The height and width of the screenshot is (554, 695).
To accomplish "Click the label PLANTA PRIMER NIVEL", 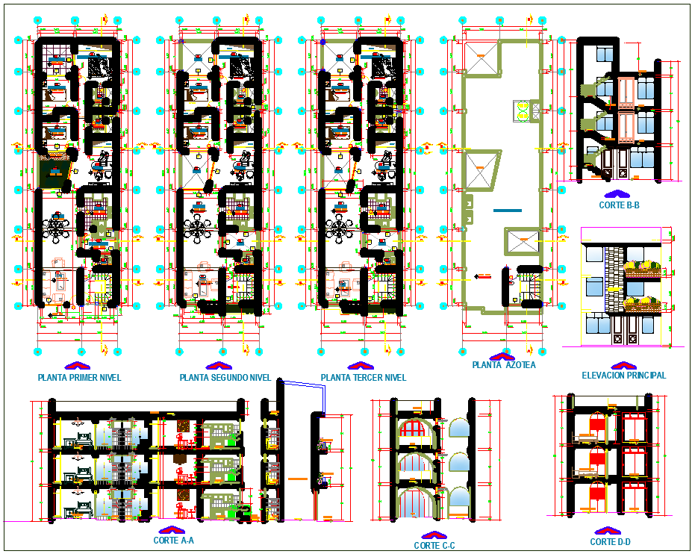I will pos(79,378).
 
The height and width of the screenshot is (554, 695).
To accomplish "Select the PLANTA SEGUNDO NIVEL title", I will pos(225,378).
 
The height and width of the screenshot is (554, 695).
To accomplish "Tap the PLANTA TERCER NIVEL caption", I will pos(364,378).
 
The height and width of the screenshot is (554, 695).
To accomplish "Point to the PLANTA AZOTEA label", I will pos(503,366).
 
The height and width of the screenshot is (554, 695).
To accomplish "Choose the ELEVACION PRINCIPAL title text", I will pos(624,376).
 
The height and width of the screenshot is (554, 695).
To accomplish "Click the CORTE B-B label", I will pos(619,204).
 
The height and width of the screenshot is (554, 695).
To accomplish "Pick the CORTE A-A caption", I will pos(173,541).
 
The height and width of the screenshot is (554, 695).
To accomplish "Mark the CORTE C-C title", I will pos(434,546).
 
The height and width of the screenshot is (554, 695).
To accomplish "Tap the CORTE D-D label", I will pos(610,542).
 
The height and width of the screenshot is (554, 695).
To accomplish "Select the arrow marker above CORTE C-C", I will pos(434,535).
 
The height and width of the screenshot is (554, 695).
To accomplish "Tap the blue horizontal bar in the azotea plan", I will pos(508,211).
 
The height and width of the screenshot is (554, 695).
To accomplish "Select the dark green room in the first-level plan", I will pos(54,172).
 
